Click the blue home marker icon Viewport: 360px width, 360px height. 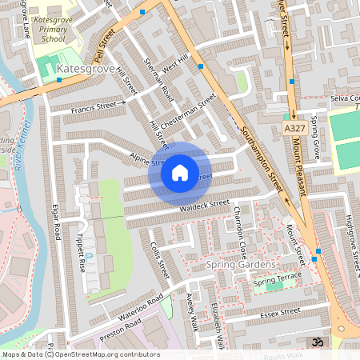point(180,172)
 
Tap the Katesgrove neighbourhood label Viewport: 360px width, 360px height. point(87,70)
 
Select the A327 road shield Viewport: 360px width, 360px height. point(294,128)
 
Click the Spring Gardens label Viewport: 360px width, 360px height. point(241,265)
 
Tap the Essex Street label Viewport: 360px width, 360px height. point(278,311)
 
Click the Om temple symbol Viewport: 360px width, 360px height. point(317,341)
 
